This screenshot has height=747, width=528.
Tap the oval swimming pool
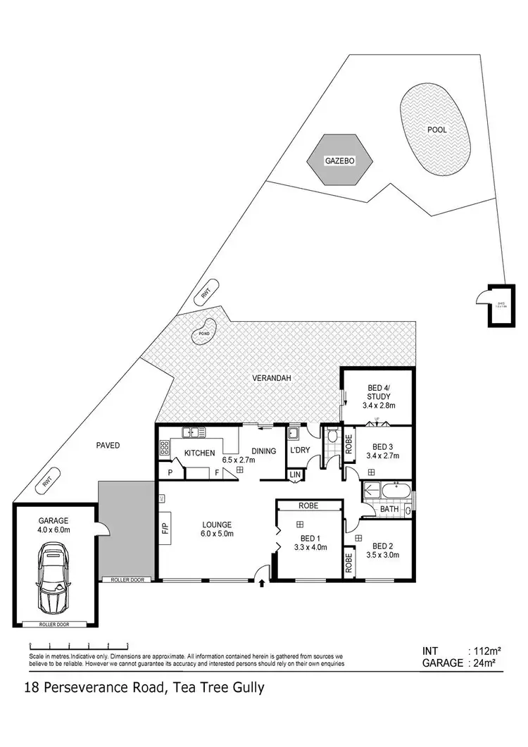tap(436, 130)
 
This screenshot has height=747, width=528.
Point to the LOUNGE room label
tap(217, 524)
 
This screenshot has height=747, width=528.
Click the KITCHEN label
tap(199, 453)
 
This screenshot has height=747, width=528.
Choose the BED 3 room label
tap(383, 446)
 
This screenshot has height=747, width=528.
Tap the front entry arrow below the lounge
tap(263, 582)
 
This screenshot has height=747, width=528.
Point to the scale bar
tap(78, 645)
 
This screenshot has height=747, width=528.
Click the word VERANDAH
tap(272, 378)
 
